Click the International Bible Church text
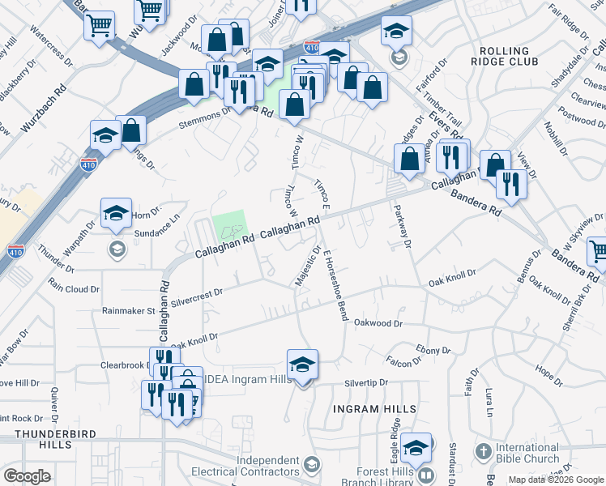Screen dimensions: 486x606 (527, 454)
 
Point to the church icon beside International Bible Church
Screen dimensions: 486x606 (483, 450)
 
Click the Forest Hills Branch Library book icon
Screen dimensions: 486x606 (426, 474)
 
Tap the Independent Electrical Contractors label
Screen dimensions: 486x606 (267, 466)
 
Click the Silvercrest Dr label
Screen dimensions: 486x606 (197, 290)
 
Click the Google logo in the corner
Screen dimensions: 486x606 (27, 476)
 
